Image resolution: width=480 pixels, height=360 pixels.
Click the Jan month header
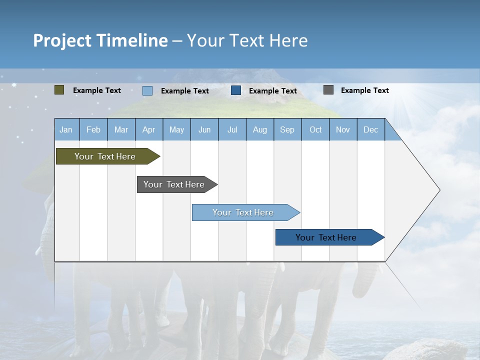66,129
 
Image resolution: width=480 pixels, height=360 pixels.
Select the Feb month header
93,129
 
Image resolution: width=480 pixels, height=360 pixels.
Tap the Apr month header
149,129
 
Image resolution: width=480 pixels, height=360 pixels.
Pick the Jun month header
204,129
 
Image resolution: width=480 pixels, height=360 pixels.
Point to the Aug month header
260,129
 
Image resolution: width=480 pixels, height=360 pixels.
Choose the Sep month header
287,129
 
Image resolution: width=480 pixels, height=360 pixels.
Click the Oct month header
315,129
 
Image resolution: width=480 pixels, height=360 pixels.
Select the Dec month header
371,129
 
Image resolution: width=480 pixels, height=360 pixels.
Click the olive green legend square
59,90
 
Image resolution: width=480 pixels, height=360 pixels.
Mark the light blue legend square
147,90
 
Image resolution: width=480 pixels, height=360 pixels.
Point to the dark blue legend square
236,90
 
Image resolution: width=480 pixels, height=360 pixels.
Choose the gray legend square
328,90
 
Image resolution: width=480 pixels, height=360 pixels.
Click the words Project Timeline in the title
100,40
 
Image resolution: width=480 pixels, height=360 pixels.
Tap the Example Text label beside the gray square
365,90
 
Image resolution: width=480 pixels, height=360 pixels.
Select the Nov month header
343,129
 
